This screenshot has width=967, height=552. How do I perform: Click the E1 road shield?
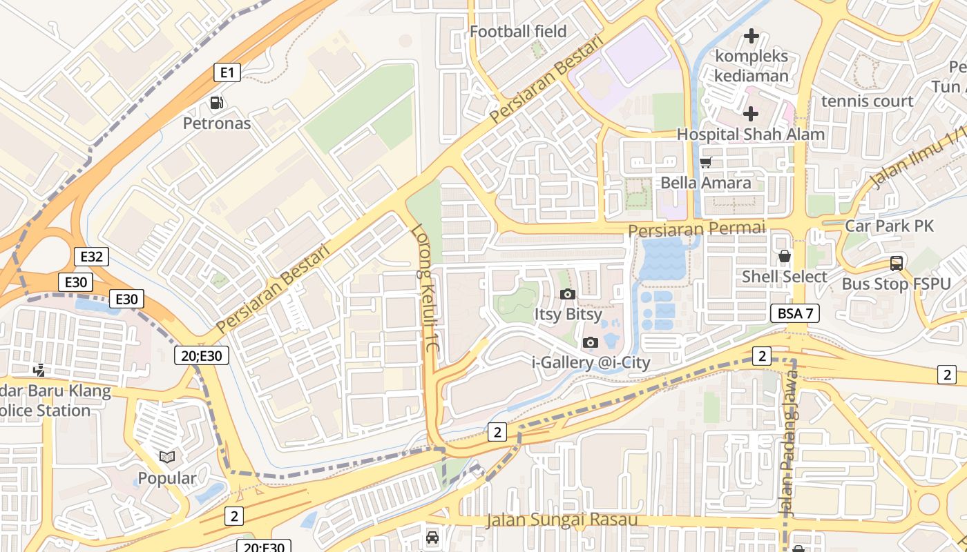(227, 72)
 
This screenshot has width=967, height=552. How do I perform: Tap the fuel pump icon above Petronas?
(217, 103)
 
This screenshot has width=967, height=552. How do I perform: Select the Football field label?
(518, 32)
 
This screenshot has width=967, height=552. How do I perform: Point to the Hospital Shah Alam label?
(751, 134)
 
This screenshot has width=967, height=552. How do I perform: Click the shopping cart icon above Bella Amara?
(705, 163)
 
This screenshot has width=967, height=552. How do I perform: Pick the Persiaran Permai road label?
(697, 228)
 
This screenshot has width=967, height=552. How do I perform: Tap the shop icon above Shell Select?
(784, 257)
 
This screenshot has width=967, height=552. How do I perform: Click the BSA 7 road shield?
(795, 313)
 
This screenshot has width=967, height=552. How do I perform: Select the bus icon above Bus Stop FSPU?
(896, 264)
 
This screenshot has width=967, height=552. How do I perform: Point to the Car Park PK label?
(889, 226)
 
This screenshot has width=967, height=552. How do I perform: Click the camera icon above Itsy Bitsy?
(568, 295)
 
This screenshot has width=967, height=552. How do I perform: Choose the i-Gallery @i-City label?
(591, 362)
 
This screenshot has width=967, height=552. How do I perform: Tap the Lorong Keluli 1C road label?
(426, 289)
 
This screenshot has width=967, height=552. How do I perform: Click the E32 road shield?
(91, 257)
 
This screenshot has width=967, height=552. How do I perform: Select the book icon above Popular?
(166, 457)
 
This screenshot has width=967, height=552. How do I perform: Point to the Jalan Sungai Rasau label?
(561, 520)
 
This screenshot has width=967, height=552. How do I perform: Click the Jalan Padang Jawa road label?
(787, 442)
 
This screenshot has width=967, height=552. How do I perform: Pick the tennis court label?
(867, 101)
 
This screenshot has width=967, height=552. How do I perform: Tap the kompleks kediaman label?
(751, 66)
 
